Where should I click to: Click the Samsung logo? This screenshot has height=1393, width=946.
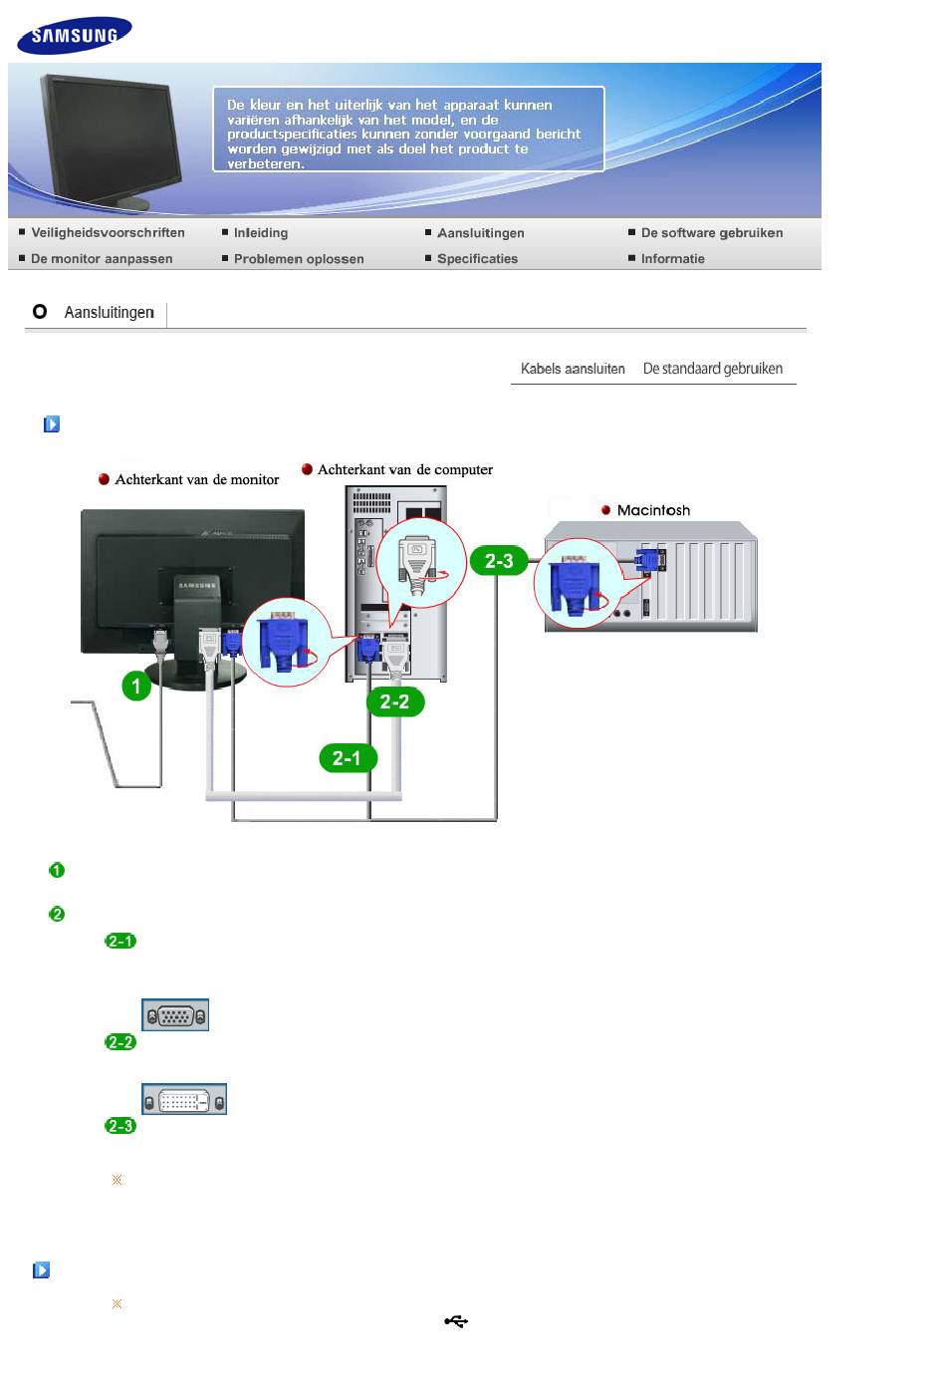[x=74, y=36]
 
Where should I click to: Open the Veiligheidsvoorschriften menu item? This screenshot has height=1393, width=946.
[x=108, y=233]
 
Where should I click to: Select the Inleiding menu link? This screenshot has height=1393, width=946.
[x=260, y=233]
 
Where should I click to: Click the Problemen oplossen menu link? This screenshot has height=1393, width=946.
[x=298, y=259]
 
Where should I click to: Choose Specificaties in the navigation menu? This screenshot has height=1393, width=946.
[x=477, y=259]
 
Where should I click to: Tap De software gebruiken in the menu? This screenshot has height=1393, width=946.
[x=711, y=233]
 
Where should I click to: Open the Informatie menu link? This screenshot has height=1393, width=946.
[x=672, y=259]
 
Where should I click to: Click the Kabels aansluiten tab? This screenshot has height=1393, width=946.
[x=573, y=369]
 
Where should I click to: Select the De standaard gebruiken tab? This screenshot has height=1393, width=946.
[x=712, y=369]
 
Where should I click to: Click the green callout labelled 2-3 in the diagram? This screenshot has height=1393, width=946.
[x=499, y=561]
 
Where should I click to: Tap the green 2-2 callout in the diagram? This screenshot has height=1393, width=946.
[x=394, y=701]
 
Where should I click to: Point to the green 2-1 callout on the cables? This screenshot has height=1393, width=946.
[x=347, y=758]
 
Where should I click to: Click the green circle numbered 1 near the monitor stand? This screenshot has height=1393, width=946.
[x=136, y=686]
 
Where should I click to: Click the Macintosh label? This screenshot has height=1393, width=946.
[x=653, y=510]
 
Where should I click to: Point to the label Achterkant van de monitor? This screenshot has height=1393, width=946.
[x=196, y=479]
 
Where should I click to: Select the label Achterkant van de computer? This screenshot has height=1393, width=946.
[x=404, y=469]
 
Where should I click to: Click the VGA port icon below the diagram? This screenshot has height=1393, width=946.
[x=175, y=1015]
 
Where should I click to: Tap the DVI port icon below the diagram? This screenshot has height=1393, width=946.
[x=184, y=1099]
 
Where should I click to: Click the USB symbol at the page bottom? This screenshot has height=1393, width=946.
[x=456, y=1322]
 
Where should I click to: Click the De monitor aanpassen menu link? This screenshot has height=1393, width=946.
[x=102, y=259]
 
